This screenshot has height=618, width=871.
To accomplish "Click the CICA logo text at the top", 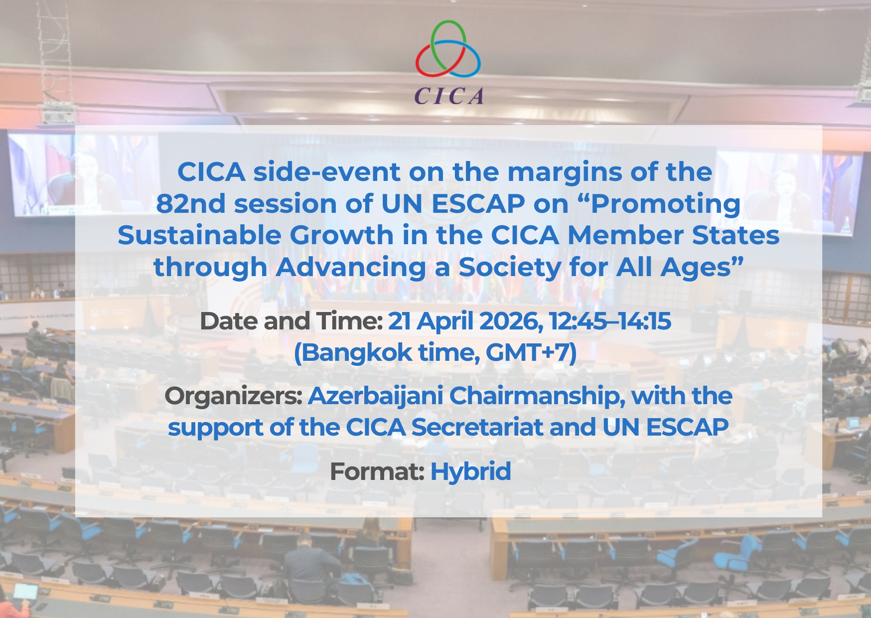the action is tap(449, 96).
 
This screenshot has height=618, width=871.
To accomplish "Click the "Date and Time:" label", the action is tap(290, 321).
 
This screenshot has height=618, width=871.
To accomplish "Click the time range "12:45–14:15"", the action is tap(610, 321).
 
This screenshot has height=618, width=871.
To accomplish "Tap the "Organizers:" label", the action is tap(233, 397).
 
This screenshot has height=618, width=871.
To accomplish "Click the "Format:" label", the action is tap(377, 471).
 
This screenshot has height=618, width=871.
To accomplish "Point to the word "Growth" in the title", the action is tap(341, 235).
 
